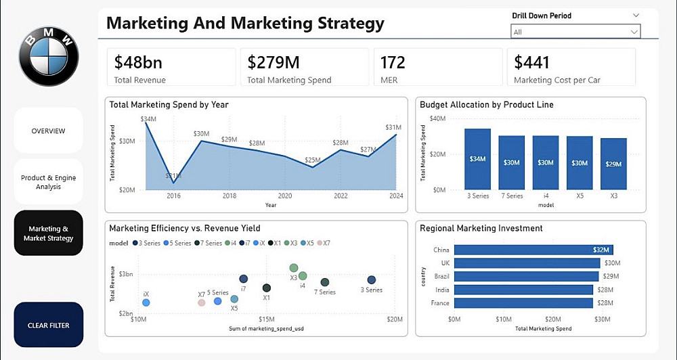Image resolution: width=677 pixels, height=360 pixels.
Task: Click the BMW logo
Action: pyautogui.click(x=48, y=57)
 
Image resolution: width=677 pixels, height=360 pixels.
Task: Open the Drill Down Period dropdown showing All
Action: pyautogui.click(x=575, y=32)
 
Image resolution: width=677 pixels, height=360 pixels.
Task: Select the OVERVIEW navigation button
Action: pyautogui.click(x=48, y=131)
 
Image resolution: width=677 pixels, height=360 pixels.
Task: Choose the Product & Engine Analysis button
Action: pyautogui.click(x=48, y=182)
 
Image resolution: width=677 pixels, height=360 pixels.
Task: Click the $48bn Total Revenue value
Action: pyautogui.click(x=138, y=63)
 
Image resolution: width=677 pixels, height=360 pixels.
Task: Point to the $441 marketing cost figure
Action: pyautogui.click(x=531, y=63)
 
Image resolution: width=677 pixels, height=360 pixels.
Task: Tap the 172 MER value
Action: pyautogui.click(x=393, y=63)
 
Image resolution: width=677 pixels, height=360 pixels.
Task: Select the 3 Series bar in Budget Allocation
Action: pyautogui.click(x=477, y=159)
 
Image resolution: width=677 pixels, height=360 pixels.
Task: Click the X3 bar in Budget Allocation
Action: pyautogui.click(x=613, y=164)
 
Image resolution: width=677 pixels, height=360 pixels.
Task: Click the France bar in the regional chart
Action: pyautogui.click(x=524, y=302)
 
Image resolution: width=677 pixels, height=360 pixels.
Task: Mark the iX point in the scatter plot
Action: pyautogui.click(x=146, y=302)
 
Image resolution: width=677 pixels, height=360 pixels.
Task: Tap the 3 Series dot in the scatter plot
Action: pyautogui.click(x=371, y=280)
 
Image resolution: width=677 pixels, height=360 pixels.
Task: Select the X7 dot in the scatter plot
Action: pyautogui.click(x=201, y=302)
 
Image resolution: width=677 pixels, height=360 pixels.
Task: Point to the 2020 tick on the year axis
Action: pyautogui.click(x=285, y=196)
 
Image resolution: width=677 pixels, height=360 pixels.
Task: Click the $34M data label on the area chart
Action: pyautogui.click(x=148, y=119)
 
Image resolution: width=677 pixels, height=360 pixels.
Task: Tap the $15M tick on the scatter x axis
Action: pyautogui.click(x=266, y=319)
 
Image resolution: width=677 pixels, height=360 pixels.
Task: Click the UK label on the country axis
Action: pyautogui.click(x=444, y=263)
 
